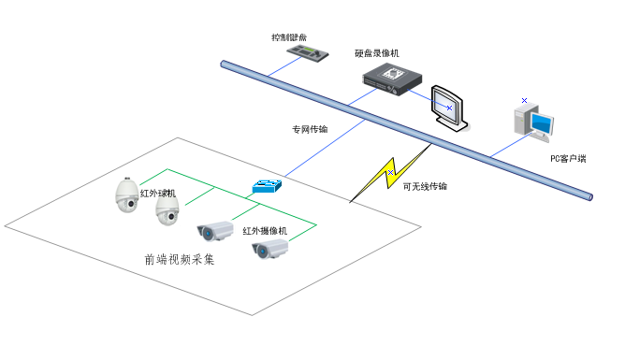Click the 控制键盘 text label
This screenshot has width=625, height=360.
tap(289, 37)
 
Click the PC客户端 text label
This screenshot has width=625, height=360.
tap(567, 158)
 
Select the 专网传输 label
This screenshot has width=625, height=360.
tap(310, 129)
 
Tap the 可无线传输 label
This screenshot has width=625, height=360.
tap(424, 187)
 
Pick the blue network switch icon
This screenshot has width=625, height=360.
tap(267, 186)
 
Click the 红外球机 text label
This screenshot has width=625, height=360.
tap(157, 194)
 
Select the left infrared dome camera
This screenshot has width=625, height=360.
tap(125, 194)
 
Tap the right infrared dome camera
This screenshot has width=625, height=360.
tap(167, 213)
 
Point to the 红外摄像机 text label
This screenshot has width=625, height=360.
tap(264, 230)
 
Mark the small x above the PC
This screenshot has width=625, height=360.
tap(524, 99)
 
